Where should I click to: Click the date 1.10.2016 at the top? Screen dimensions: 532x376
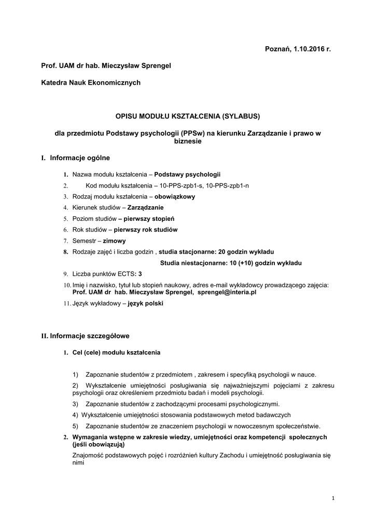pos(308,49)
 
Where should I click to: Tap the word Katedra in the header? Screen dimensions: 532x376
pos(53,83)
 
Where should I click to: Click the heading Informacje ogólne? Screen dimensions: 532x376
pos(80,158)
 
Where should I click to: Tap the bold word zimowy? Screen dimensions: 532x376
pos(114,241)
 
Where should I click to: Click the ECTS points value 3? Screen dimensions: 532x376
pos(140,273)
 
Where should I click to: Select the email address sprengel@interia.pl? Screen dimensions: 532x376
pos(227,292)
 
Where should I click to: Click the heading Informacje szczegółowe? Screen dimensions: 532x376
pos(89,336)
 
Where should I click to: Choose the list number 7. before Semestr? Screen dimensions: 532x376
pos(66,241)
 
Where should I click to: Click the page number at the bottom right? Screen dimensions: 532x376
pos(333,499)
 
